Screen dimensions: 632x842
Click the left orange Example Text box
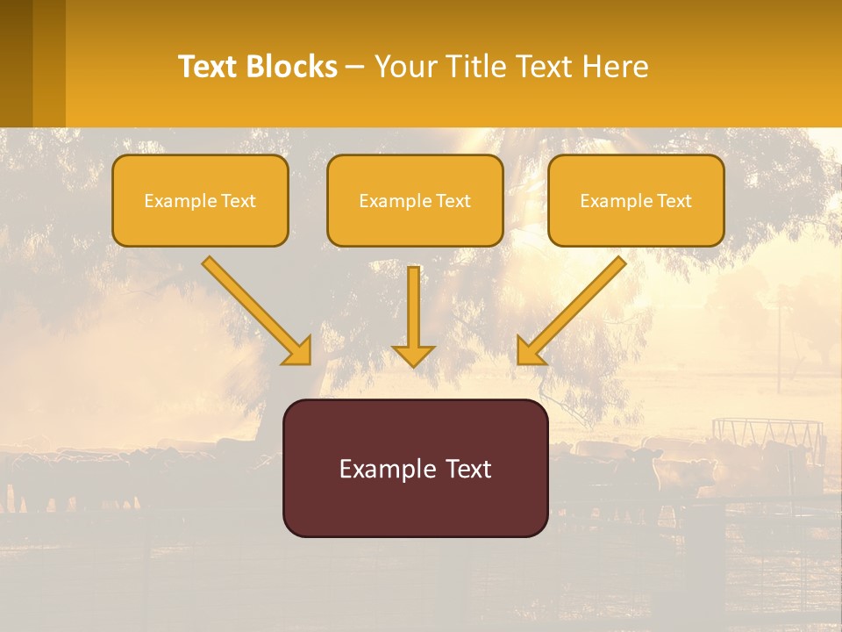(x=200, y=201)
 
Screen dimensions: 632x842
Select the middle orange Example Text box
(x=415, y=201)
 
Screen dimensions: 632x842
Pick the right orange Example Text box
(x=636, y=201)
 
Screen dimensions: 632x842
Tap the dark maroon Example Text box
(x=415, y=469)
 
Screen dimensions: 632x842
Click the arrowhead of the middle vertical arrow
(x=413, y=355)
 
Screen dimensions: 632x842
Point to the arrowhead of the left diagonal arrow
(x=298, y=351)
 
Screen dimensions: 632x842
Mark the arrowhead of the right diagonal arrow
(x=530, y=351)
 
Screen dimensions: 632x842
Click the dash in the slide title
(x=355, y=67)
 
